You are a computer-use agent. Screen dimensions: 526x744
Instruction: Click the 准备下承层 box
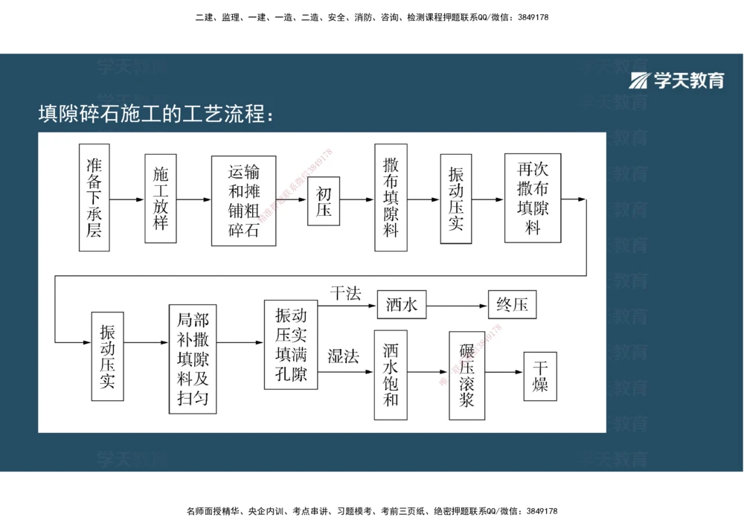pos(94,197)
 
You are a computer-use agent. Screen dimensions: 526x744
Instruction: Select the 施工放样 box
pos(161,199)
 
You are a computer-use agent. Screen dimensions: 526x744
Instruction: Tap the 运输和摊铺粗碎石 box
pos(243,200)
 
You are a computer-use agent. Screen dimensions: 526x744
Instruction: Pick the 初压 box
pos(324,200)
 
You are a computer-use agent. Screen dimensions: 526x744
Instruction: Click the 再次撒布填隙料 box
pos(533,198)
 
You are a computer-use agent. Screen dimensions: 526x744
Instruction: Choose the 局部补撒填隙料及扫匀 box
pos(193,359)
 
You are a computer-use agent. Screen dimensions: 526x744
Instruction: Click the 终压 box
pos(512,304)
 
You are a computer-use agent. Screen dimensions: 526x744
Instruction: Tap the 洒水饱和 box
pos(391,375)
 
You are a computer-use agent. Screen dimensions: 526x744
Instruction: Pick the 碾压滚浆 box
pos(466,375)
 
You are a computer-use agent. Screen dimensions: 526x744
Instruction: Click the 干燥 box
pos(540,376)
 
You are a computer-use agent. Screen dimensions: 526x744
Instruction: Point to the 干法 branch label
pos(346,294)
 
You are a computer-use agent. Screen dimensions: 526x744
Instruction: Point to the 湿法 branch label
pos(344,356)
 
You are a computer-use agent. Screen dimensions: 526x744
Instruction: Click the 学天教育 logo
pos(676,80)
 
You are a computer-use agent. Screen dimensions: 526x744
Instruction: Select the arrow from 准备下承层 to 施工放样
pos(126,199)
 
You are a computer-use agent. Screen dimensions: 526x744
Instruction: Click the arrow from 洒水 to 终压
pos(457,304)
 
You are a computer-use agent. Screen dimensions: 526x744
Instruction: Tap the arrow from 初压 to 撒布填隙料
pos(357,199)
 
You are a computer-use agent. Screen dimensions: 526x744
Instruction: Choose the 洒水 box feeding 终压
pos(402,304)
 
